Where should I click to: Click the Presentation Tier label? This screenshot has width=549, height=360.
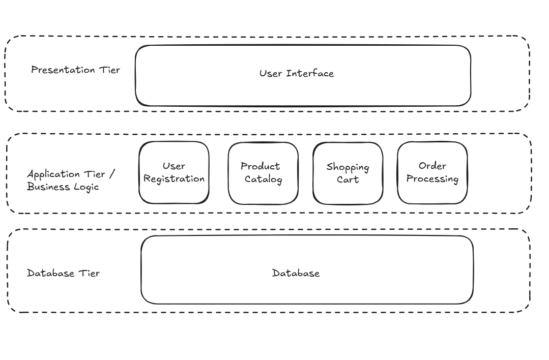[x=75, y=70]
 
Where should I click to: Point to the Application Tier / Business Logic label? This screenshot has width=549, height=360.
[x=71, y=180]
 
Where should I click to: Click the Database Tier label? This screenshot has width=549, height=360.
[x=63, y=273]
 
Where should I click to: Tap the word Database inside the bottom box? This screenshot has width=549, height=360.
[x=296, y=273]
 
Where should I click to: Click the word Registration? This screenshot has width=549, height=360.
[x=174, y=179]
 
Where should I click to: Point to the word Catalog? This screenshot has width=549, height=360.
[x=263, y=179]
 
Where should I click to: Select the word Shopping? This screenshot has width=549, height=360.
[x=348, y=167]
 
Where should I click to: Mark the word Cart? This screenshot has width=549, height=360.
[x=348, y=179]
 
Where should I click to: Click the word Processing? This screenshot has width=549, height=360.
[x=432, y=179]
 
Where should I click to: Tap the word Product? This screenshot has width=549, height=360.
[x=260, y=166]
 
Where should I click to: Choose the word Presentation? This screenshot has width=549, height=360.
[x=62, y=70]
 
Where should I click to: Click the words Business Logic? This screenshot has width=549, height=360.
[x=63, y=187]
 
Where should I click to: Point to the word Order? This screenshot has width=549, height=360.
[x=432, y=166]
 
